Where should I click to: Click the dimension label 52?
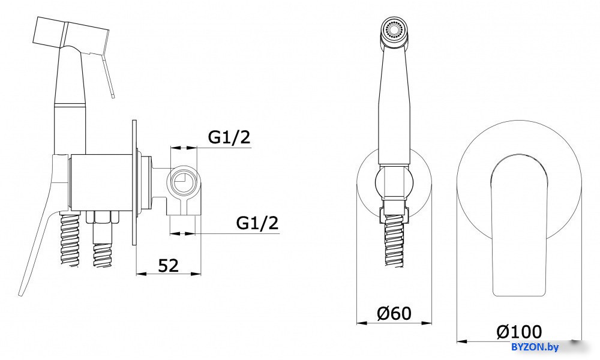pyautogui.click(x=169, y=265)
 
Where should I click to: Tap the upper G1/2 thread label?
pyautogui.click(x=229, y=137)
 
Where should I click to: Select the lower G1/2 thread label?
pyautogui.click(x=257, y=222)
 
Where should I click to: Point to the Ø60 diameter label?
pyautogui.click(x=394, y=313)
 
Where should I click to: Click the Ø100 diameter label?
pyautogui.click(x=519, y=332)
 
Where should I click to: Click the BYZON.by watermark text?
pyautogui.click(x=535, y=347)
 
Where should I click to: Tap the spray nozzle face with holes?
pyautogui.click(x=395, y=29)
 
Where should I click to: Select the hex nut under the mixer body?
pyautogui.click(x=103, y=217)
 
